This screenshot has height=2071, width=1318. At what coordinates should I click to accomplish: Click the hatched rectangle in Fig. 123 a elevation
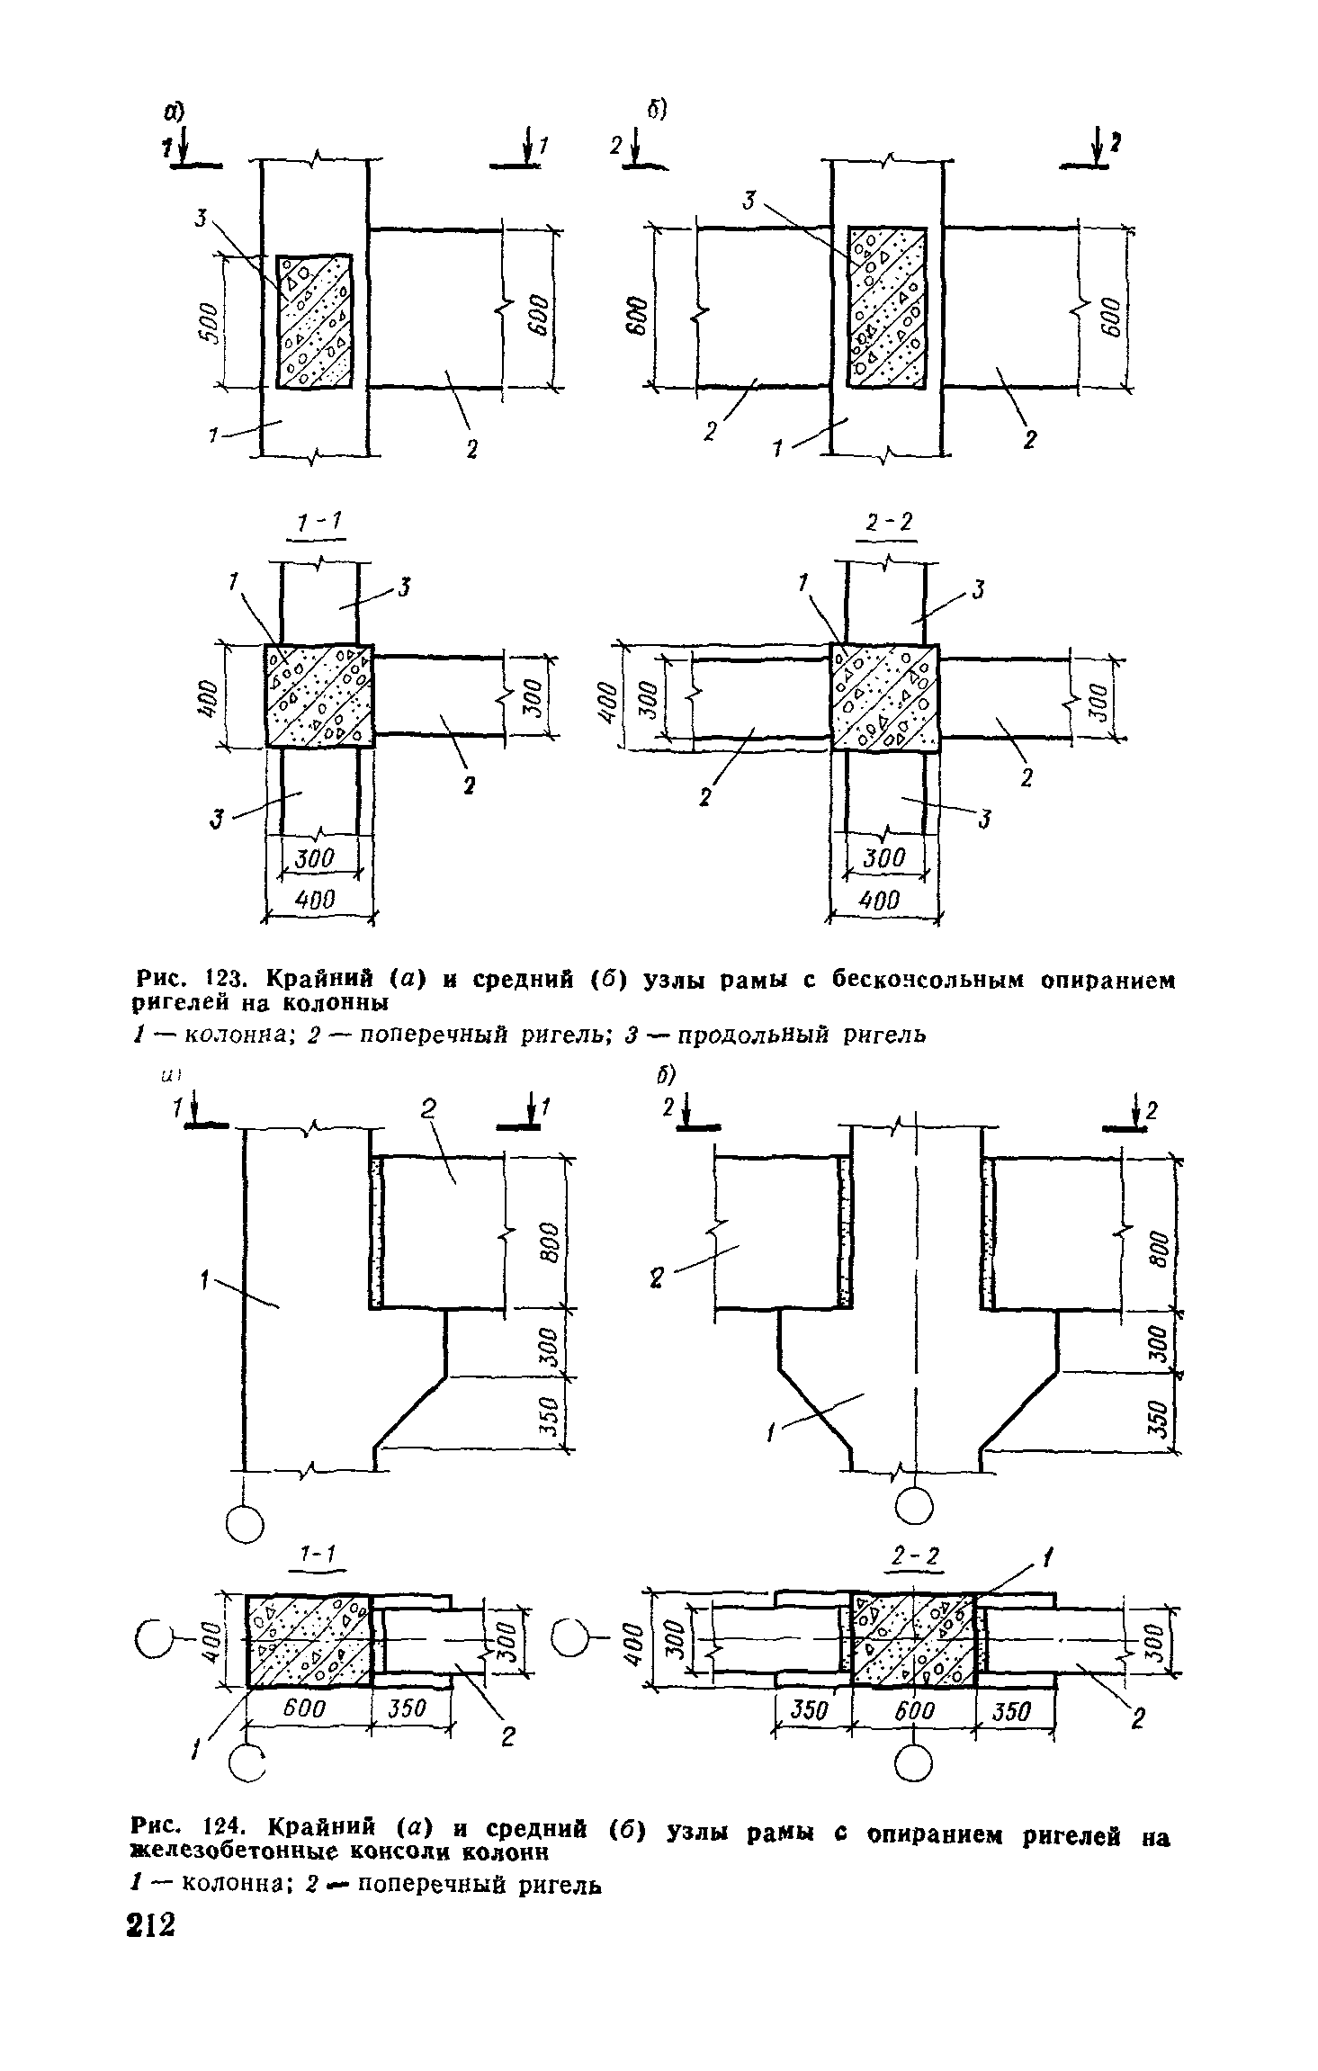pyautogui.click(x=314, y=321)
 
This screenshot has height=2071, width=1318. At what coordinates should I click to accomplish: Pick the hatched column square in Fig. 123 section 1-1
pyautogui.click(x=318, y=695)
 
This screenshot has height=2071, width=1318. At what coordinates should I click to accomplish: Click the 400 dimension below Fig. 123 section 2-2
pyautogui.click(x=881, y=900)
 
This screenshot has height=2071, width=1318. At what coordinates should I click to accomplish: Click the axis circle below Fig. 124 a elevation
pyautogui.click(x=244, y=1523)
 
